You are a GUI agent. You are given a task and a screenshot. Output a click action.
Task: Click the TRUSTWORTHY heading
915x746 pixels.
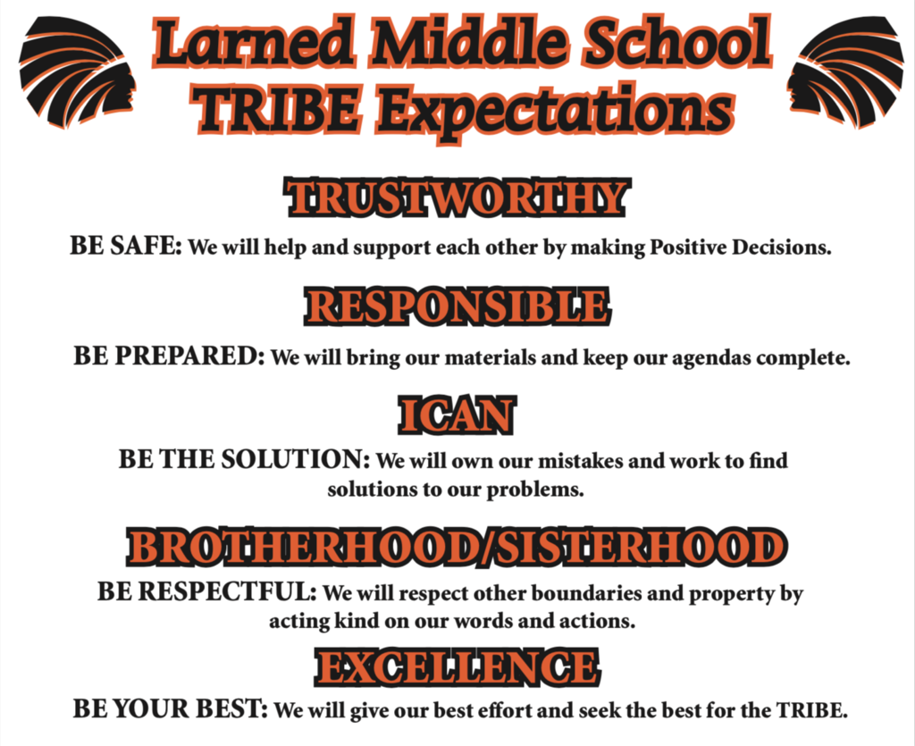tap(457, 197)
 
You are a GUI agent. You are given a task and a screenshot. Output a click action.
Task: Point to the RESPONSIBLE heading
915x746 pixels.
tap(457, 306)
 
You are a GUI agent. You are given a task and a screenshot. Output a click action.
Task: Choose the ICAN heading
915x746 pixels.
tap(457, 415)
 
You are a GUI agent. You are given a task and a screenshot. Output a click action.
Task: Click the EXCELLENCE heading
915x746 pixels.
tap(457, 666)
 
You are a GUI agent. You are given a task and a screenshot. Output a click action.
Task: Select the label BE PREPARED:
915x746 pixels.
tap(169, 356)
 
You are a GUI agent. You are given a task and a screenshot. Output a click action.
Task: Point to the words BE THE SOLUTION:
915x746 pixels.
tap(244, 459)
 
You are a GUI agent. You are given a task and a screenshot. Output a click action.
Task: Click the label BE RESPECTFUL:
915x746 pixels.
tap(207, 591)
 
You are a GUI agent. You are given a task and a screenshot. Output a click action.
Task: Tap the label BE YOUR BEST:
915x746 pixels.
tap(171, 709)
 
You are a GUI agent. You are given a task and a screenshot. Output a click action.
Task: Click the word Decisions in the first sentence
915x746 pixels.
tap(781, 247)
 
